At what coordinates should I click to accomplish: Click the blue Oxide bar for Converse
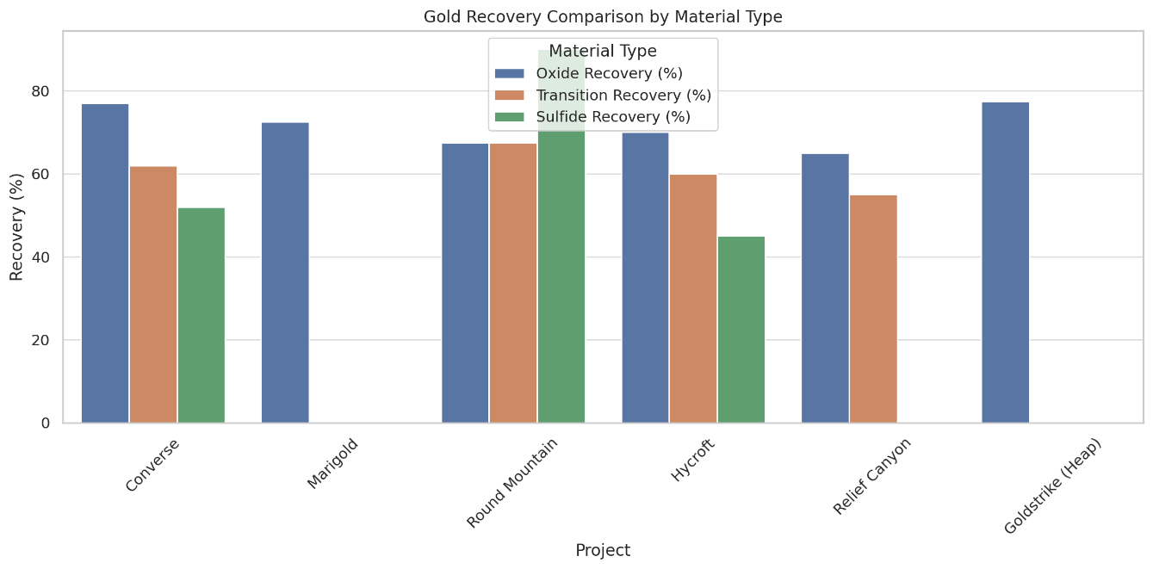(x=105, y=263)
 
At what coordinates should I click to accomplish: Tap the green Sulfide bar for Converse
(x=201, y=315)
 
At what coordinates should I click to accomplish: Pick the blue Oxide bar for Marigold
(x=285, y=273)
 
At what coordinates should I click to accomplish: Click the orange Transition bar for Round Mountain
(x=513, y=283)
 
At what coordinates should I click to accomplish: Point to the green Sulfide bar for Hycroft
(x=741, y=330)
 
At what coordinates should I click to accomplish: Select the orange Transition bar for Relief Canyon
(x=873, y=309)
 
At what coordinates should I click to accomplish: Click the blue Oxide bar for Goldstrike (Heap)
(x=1006, y=263)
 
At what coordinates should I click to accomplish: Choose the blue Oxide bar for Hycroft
(x=645, y=277)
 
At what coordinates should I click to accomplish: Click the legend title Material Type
(x=603, y=52)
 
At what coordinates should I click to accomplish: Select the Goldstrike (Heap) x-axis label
(x=1052, y=486)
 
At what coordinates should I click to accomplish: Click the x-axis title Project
(x=603, y=551)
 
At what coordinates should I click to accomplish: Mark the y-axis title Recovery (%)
(x=16, y=227)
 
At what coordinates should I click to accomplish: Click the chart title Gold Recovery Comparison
(x=603, y=16)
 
